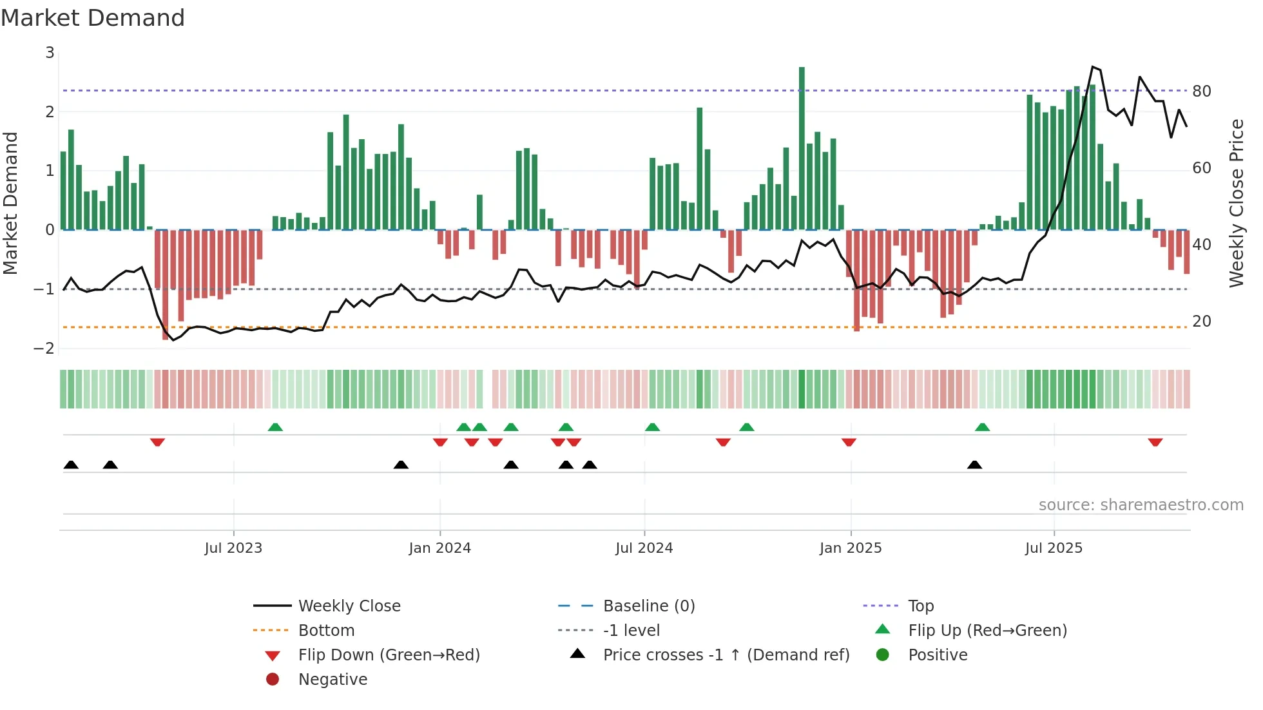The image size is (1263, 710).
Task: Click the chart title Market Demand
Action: (x=93, y=18)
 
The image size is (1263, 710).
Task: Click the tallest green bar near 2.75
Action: (x=802, y=148)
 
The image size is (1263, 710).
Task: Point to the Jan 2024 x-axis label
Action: (x=439, y=548)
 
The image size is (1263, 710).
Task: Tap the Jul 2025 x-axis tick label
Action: (x=1054, y=548)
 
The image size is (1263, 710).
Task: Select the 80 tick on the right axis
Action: (x=1201, y=91)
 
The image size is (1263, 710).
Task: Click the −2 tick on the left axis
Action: (x=44, y=349)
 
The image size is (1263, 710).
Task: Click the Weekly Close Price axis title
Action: (x=1236, y=203)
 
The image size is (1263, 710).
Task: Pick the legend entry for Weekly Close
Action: (x=349, y=606)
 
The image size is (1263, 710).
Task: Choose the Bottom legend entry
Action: (x=326, y=631)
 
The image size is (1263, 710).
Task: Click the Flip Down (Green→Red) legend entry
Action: (x=389, y=655)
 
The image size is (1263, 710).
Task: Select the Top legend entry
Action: (x=920, y=606)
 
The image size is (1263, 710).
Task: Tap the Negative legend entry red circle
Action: (x=273, y=680)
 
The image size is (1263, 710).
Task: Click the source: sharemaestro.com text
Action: (x=1141, y=505)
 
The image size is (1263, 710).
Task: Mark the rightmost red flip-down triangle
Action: (x=1155, y=442)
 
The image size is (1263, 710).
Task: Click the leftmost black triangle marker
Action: (x=71, y=465)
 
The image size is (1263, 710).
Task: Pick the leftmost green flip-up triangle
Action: (x=275, y=427)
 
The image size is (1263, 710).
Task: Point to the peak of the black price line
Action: (x=1092, y=67)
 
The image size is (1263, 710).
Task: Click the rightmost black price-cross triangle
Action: (x=974, y=465)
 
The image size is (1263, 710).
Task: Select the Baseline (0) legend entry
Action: (x=648, y=606)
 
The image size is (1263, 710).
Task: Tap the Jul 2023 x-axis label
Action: (x=233, y=548)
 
